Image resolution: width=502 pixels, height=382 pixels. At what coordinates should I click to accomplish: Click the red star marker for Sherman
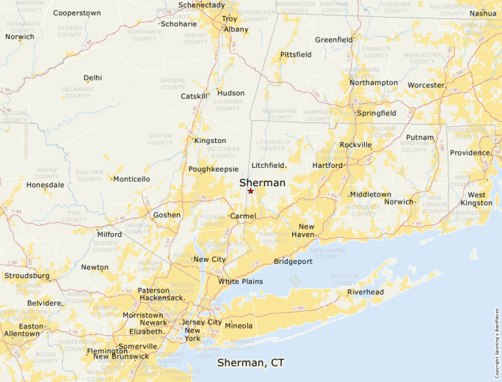point(250,191)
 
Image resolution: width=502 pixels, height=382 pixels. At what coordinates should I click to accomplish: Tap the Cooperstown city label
point(76,13)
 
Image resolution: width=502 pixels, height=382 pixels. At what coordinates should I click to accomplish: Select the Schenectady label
point(201,5)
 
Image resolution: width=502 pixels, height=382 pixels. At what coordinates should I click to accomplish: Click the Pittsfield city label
point(295,54)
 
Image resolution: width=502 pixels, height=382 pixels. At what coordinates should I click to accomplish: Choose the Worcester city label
point(426,85)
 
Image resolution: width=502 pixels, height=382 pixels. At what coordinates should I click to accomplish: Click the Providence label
point(470,153)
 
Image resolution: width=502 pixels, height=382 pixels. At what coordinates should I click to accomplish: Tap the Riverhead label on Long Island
point(365,292)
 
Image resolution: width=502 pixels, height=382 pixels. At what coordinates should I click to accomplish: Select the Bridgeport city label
point(293,261)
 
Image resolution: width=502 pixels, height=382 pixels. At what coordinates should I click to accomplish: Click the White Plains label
point(240,282)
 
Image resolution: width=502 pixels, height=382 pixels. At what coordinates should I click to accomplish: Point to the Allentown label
point(22,334)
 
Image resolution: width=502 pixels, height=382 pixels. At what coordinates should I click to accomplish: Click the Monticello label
point(131,179)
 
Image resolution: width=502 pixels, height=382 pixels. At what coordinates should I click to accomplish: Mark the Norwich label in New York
point(20,37)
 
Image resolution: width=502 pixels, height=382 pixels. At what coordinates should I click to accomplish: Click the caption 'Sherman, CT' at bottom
point(250,363)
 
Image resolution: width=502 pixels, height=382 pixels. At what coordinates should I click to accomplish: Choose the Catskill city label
point(194,96)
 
